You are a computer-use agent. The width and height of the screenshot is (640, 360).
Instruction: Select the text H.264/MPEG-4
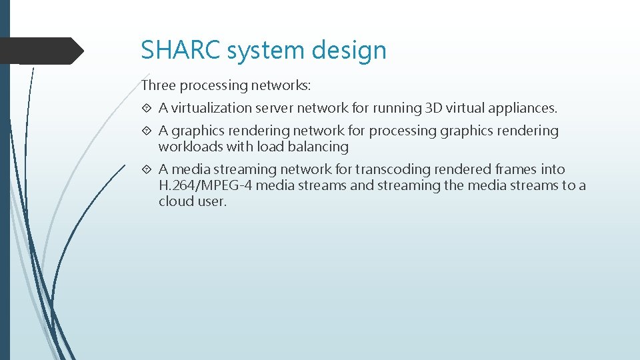click(x=205, y=185)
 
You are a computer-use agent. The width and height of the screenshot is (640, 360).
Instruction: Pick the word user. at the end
click(x=212, y=201)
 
